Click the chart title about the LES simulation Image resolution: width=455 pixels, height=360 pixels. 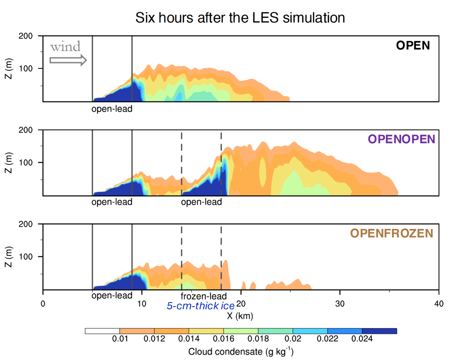(240, 18)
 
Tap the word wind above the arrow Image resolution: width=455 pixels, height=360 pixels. (65, 47)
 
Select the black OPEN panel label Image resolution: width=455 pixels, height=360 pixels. (413, 45)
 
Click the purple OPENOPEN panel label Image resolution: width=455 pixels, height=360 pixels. (401, 139)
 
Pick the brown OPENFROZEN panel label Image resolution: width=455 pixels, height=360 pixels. (391, 233)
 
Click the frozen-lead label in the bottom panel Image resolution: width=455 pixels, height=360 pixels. (204, 296)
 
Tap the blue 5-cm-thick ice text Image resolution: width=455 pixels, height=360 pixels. (201, 306)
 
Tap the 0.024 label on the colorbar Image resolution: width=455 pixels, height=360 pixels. (362, 340)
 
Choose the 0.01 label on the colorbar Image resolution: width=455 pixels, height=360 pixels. (120, 340)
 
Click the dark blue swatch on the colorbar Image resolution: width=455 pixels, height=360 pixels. (379, 331)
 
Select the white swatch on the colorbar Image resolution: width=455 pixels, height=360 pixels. (102, 331)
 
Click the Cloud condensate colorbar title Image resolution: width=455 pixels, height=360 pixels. (241, 352)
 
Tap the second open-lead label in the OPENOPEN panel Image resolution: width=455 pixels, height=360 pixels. (201, 202)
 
